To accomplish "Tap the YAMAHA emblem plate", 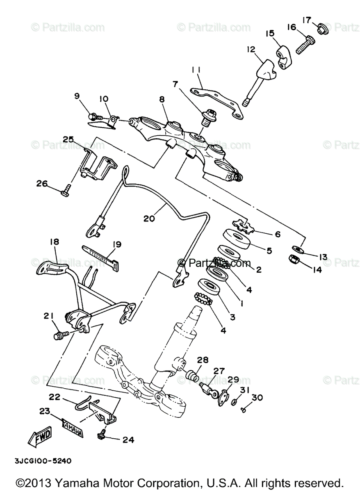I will coord(72,429).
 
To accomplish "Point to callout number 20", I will coord(149,219).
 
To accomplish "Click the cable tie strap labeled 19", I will coord(101,255).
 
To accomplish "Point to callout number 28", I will coord(203,360).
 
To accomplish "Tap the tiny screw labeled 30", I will coord(243,409).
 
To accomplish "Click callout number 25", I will coord(68,139).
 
